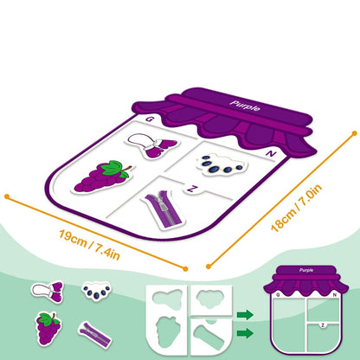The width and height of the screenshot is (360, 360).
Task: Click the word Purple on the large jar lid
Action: [x=245, y=106]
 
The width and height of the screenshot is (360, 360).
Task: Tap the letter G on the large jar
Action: [x=149, y=119]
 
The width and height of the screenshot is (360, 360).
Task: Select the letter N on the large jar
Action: [x=271, y=154]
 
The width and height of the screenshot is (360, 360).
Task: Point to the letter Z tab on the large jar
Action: [x=191, y=189]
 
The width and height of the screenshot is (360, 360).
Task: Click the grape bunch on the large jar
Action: [x=101, y=177]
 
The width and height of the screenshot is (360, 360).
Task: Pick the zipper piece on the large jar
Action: [x=163, y=209]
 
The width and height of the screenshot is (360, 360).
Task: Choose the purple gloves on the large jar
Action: [x=151, y=145]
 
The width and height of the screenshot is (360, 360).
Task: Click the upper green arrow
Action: [x=245, y=315]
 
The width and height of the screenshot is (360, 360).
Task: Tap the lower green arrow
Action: [x=245, y=333]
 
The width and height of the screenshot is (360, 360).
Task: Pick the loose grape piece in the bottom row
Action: [x=48, y=329]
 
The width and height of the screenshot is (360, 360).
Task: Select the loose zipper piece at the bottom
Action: [x=94, y=335]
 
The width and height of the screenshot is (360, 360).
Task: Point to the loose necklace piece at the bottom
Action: [x=97, y=291]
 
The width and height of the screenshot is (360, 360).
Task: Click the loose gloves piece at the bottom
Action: [x=48, y=292]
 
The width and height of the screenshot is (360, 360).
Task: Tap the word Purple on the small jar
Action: [x=306, y=270]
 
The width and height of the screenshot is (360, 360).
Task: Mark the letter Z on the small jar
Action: [x=323, y=325]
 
